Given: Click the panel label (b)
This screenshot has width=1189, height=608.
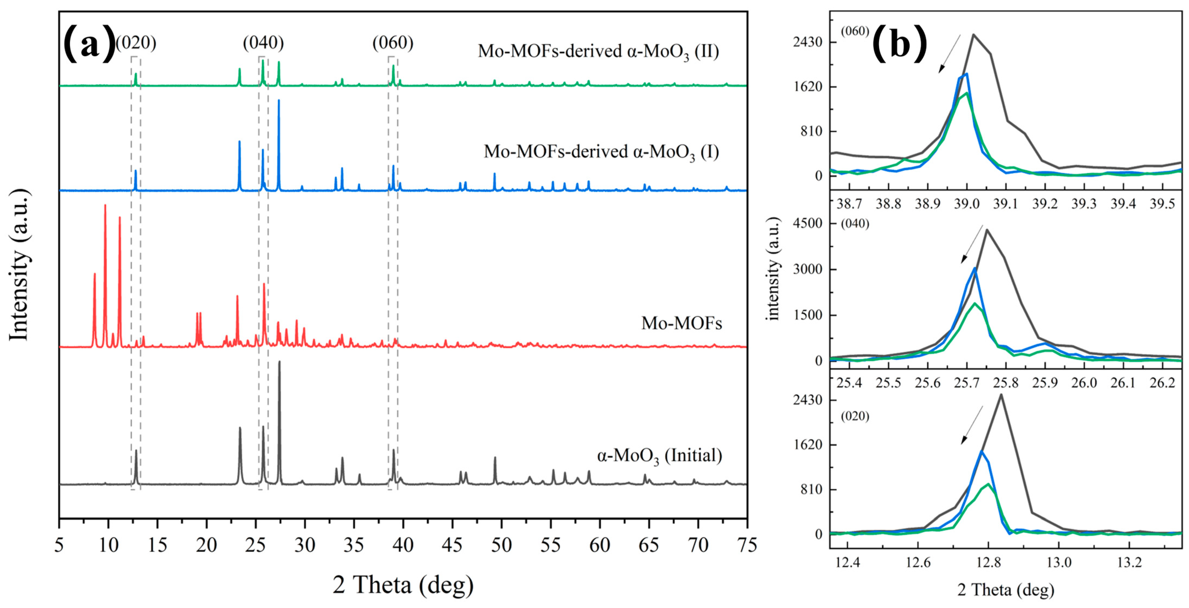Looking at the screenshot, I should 899,44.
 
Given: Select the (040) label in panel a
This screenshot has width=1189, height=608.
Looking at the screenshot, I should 263,43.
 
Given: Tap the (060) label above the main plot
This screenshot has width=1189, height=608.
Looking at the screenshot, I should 393,43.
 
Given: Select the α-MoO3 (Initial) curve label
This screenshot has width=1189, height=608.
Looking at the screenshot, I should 659,456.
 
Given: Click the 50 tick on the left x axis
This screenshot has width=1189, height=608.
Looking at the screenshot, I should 501,545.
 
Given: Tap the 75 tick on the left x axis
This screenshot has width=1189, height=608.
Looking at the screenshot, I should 746,545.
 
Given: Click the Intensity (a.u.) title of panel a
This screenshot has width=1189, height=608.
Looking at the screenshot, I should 19,265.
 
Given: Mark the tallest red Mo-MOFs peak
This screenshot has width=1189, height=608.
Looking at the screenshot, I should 105,205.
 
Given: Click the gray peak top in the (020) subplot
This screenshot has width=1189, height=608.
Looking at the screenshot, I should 1001,394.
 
